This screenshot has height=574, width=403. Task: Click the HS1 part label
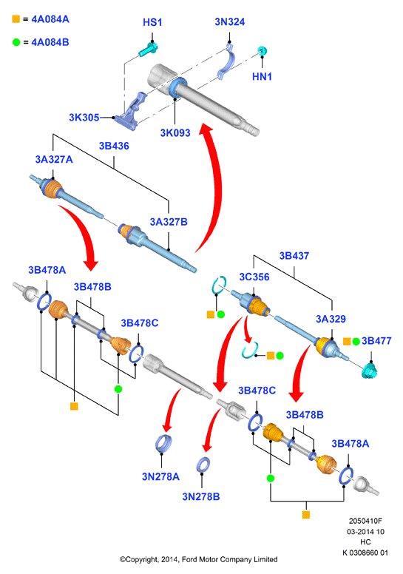[x=152, y=22]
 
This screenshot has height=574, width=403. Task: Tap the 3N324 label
[x=229, y=22]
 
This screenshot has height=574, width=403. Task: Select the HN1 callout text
[x=262, y=76]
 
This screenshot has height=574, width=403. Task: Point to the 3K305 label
[x=84, y=118]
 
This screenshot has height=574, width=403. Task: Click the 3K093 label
[x=175, y=133]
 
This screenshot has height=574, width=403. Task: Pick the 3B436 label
[x=114, y=146]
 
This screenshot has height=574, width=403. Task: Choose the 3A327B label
[x=169, y=222]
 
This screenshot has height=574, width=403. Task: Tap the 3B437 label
[x=294, y=256]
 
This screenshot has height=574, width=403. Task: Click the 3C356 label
[x=254, y=277]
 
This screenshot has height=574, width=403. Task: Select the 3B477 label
[x=376, y=341]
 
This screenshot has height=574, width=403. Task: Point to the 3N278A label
[x=160, y=476]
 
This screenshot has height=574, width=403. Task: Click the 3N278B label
[x=201, y=497]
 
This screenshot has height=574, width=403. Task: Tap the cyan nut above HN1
[x=262, y=50]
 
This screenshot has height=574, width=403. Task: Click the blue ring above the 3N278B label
[x=203, y=465]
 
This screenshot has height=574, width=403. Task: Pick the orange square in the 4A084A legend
[x=16, y=18]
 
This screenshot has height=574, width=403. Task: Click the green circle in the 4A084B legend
[x=16, y=42]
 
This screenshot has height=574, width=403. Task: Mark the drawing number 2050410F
[x=365, y=521]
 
